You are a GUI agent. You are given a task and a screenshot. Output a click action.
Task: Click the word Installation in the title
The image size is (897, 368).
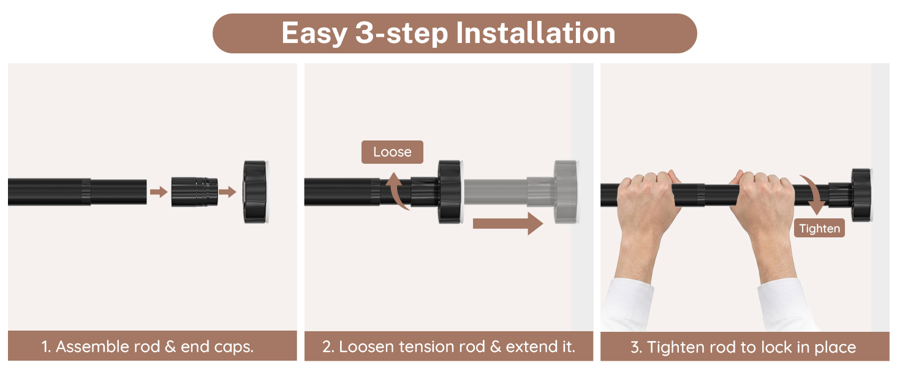536,33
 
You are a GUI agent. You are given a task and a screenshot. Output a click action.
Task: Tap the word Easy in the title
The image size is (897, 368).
314,34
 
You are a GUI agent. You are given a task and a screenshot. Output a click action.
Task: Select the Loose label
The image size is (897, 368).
392,152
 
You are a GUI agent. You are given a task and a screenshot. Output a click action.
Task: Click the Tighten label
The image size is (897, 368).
819,228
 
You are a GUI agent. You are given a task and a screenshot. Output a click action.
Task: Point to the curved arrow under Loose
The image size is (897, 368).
395,191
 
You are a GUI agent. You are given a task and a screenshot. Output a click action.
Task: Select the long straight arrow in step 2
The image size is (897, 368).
508,223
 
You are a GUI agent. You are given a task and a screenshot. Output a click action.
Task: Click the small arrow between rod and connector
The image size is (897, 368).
159,191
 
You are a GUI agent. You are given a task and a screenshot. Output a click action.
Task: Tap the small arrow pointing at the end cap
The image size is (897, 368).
227,191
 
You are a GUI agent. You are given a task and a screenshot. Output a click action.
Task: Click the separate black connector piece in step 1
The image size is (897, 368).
195,192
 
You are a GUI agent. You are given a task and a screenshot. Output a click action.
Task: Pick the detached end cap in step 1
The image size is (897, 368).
256,192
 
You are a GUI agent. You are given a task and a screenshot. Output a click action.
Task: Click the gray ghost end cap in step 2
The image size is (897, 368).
566,192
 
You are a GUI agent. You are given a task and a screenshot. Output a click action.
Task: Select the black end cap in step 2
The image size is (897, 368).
450,192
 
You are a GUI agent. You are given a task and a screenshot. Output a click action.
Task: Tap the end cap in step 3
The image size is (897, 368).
861,195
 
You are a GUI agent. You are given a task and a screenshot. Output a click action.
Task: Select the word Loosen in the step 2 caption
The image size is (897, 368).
364,347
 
